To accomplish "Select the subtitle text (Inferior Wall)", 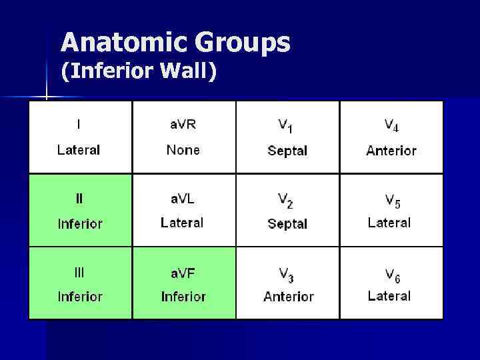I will click(139, 71).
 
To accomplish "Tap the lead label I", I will click(79, 124).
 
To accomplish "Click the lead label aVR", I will click(183, 124).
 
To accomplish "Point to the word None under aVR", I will click(183, 150).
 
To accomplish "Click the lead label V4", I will click(391, 125).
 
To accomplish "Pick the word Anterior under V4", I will click(391, 151).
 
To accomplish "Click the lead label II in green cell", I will click(79, 198).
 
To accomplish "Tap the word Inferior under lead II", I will click(80, 224).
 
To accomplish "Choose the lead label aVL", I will click(183, 198).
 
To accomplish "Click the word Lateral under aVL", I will click(182, 223).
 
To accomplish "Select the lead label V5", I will click(391, 199).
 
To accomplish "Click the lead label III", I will click(79, 272).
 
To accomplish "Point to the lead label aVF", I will click(183, 272).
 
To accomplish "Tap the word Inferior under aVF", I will click(183, 297).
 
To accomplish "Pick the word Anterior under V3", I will click(288, 297).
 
